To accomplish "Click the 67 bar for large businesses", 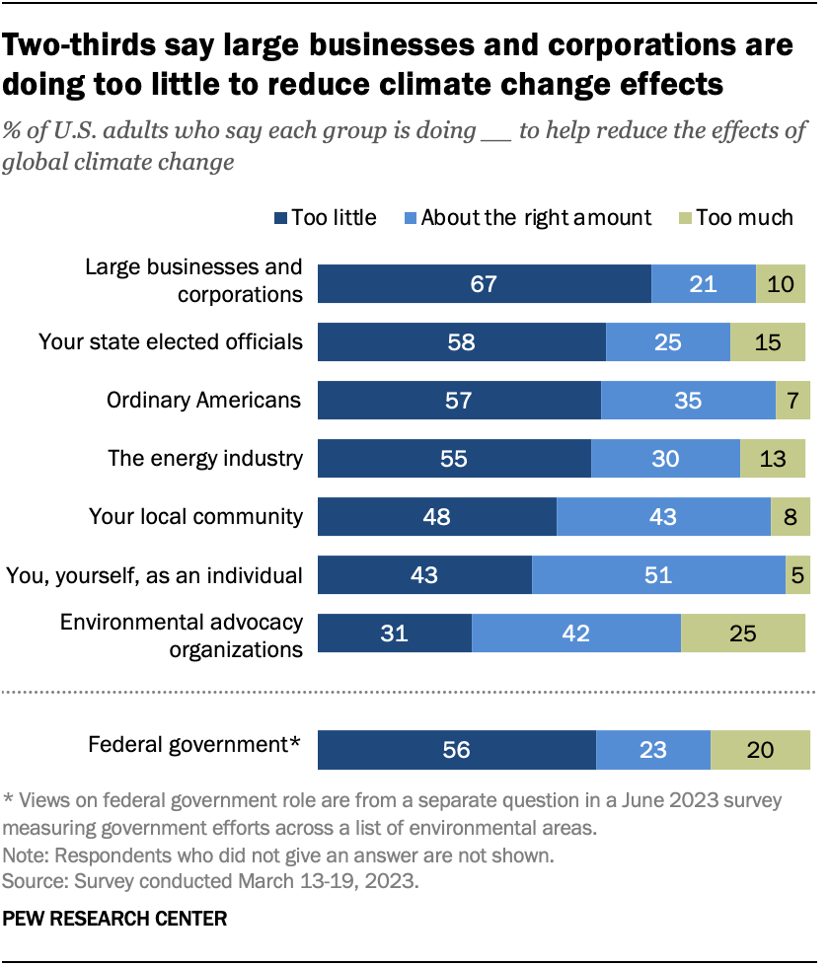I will (484, 284).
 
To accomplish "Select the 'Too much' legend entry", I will (735, 217).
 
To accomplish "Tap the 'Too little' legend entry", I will (323, 217).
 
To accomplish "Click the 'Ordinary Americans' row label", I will (204, 400).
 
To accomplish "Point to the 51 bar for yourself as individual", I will (658, 574).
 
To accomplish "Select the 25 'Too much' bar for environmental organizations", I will (743, 632).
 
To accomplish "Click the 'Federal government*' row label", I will (194, 745).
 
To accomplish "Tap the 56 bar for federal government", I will (456, 750).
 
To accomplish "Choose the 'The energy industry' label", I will (205, 458).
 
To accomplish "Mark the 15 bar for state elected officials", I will (768, 342).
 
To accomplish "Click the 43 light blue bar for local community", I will (663, 517).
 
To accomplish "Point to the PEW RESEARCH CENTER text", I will (115, 919).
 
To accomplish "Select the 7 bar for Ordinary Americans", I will (792, 401).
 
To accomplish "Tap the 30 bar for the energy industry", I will (665, 459).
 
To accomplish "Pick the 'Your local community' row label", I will (195, 516).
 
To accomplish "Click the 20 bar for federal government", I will (759, 750).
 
